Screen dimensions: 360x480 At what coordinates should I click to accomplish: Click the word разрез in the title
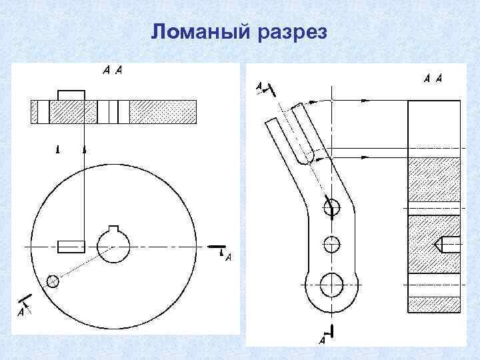(291, 33)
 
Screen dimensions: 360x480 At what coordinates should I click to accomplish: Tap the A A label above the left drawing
(112, 70)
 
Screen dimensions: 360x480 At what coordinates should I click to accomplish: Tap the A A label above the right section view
(433, 79)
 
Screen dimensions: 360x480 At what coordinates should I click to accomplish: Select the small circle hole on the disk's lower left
(53, 281)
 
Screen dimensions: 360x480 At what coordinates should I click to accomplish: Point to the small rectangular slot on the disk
(71, 246)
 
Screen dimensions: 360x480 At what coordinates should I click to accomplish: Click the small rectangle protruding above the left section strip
(71, 95)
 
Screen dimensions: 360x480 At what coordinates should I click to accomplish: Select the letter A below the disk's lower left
(21, 311)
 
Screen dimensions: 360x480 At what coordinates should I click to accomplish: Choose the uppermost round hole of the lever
(331, 208)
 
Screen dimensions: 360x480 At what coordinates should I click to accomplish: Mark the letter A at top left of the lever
(260, 86)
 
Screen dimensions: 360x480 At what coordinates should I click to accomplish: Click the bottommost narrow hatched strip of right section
(433, 305)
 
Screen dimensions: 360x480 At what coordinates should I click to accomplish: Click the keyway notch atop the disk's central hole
(114, 231)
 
